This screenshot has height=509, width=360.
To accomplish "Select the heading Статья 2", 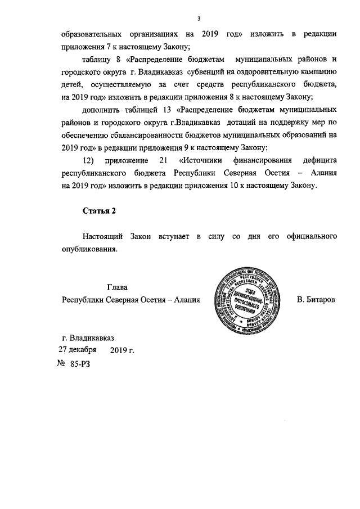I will click(x=99, y=211).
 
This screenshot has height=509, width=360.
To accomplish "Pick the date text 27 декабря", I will click(x=78, y=349).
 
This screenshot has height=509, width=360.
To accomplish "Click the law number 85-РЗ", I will click(x=79, y=364).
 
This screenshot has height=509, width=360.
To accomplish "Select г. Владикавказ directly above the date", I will click(x=88, y=338).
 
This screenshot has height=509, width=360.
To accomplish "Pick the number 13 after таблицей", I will click(x=166, y=109).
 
